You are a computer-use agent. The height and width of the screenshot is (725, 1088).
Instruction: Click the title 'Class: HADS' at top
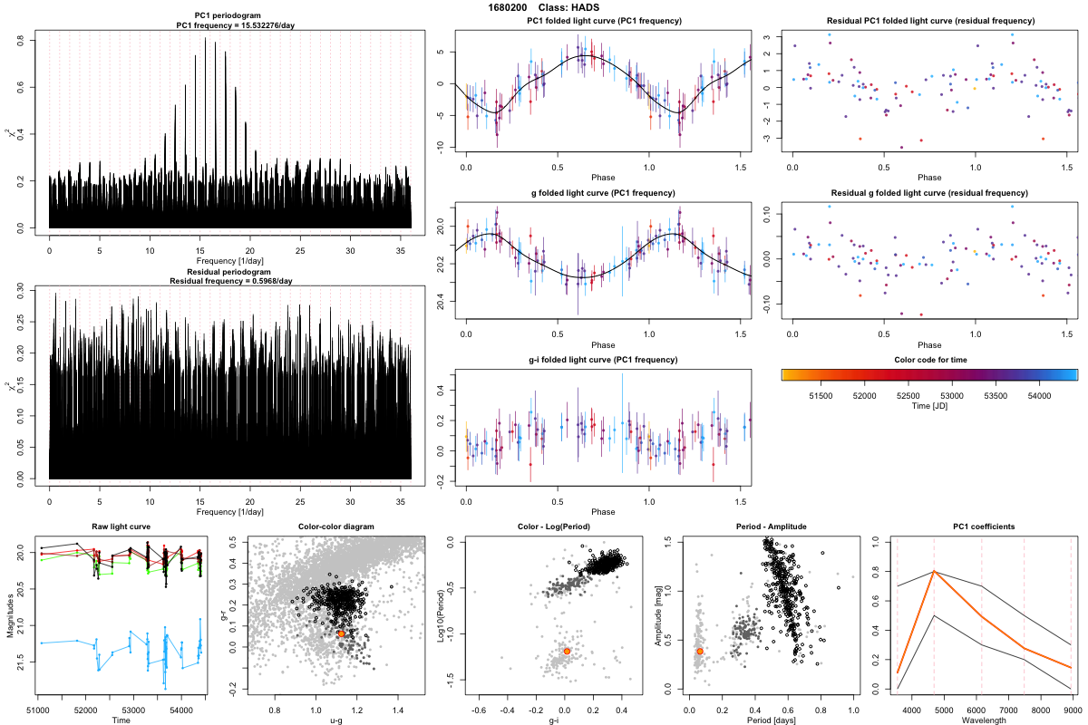click(x=569, y=7)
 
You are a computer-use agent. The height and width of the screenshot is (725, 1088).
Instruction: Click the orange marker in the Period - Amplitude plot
click(x=700, y=651)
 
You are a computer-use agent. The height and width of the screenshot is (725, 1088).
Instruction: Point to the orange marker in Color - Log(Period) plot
click(x=567, y=651)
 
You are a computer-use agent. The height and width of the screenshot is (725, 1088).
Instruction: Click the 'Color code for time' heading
click(x=929, y=360)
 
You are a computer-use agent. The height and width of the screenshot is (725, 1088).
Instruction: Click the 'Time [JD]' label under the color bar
click(x=929, y=408)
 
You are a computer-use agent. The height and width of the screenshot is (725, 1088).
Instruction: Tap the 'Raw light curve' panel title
click(x=121, y=527)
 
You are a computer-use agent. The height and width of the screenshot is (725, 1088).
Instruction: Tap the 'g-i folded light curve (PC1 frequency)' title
click(x=603, y=360)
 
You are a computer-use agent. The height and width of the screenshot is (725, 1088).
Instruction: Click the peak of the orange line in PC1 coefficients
click(x=933, y=572)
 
